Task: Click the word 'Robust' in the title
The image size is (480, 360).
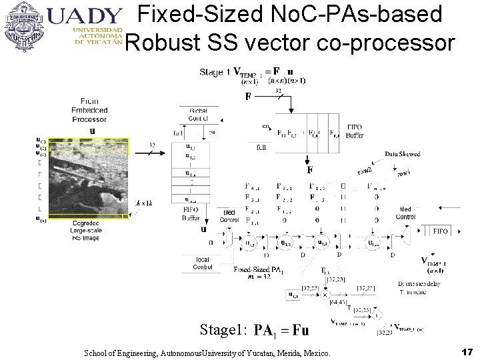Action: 156,43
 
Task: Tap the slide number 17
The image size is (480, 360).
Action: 466,351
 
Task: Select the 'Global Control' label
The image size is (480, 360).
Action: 198,114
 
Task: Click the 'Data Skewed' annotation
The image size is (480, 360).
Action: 403,154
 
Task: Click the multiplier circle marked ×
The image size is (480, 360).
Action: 325,293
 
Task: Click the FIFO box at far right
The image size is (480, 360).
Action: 440,231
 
